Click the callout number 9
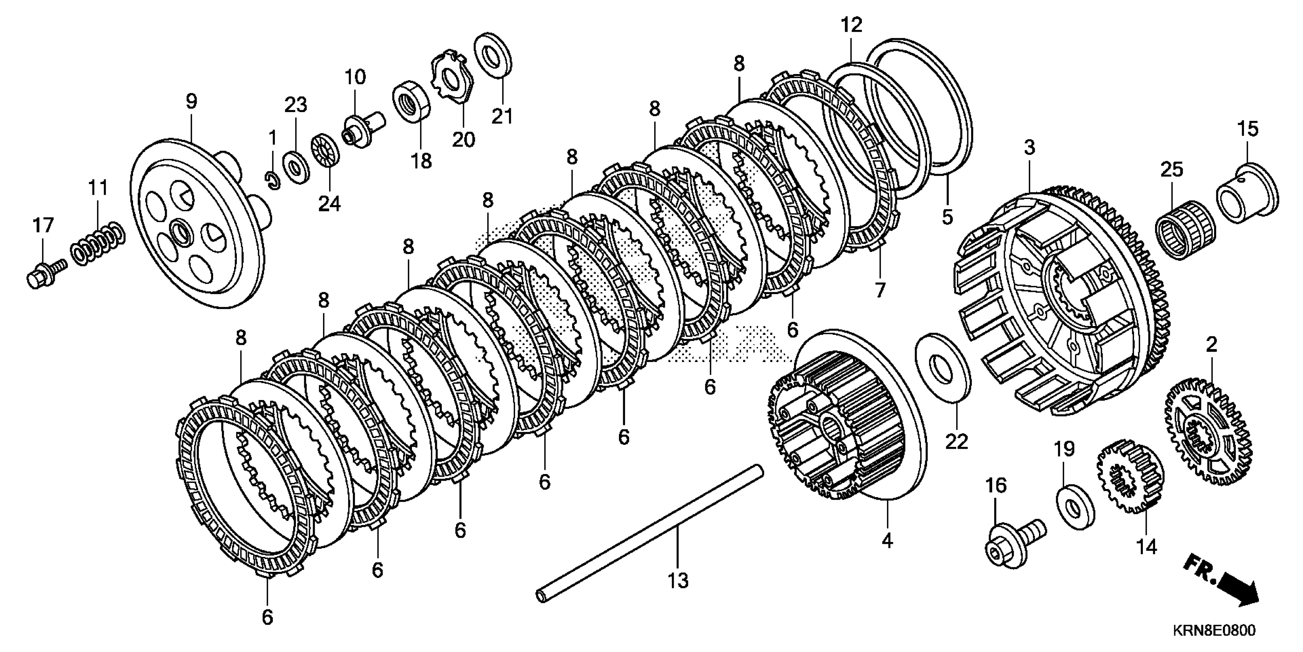coord(191,102)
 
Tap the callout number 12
coord(851,24)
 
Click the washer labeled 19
coord(1075,506)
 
